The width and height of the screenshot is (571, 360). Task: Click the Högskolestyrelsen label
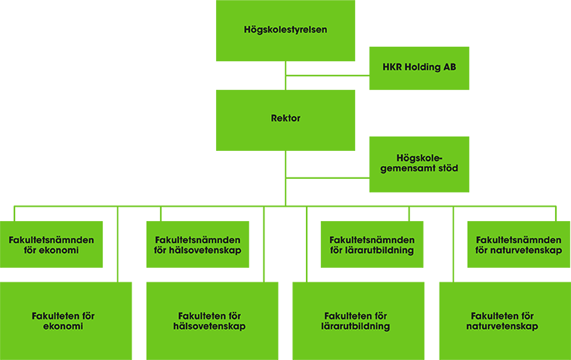click(285, 29)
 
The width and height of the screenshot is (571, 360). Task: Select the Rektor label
click(285, 118)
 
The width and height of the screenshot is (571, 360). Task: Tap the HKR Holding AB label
click(419, 67)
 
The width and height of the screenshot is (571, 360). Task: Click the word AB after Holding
click(449, 67)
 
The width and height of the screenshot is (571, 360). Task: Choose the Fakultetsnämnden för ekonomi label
click(51, 245)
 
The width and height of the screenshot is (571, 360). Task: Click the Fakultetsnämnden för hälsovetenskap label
click(198, 245)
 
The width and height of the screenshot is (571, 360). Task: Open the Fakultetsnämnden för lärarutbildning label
click(372, 245)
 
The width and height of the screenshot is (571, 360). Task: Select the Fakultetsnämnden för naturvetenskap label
click(518, 245)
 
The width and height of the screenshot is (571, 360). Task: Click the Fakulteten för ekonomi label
click(63, 322)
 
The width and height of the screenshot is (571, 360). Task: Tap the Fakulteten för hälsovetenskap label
click(209, 322)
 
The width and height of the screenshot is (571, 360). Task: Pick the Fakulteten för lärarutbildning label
click(356, 322)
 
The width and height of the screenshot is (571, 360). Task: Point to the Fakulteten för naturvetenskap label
click(502, 322)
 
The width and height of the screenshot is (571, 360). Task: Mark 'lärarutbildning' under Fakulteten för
click(356, 327)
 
